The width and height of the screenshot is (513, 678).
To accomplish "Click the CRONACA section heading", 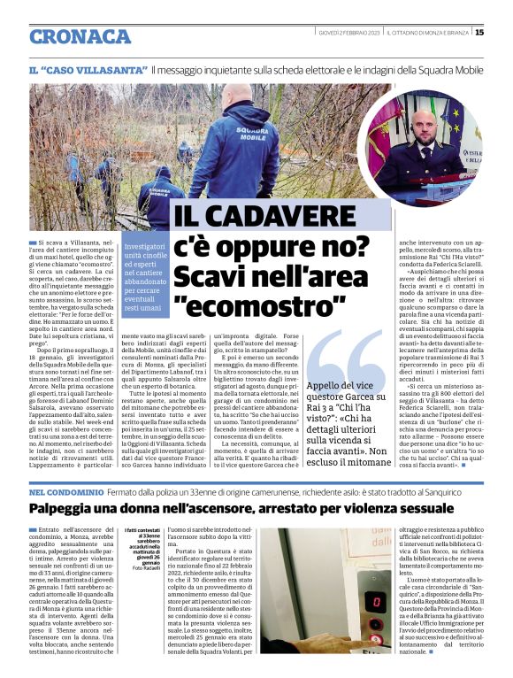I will [x=80, y=36].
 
